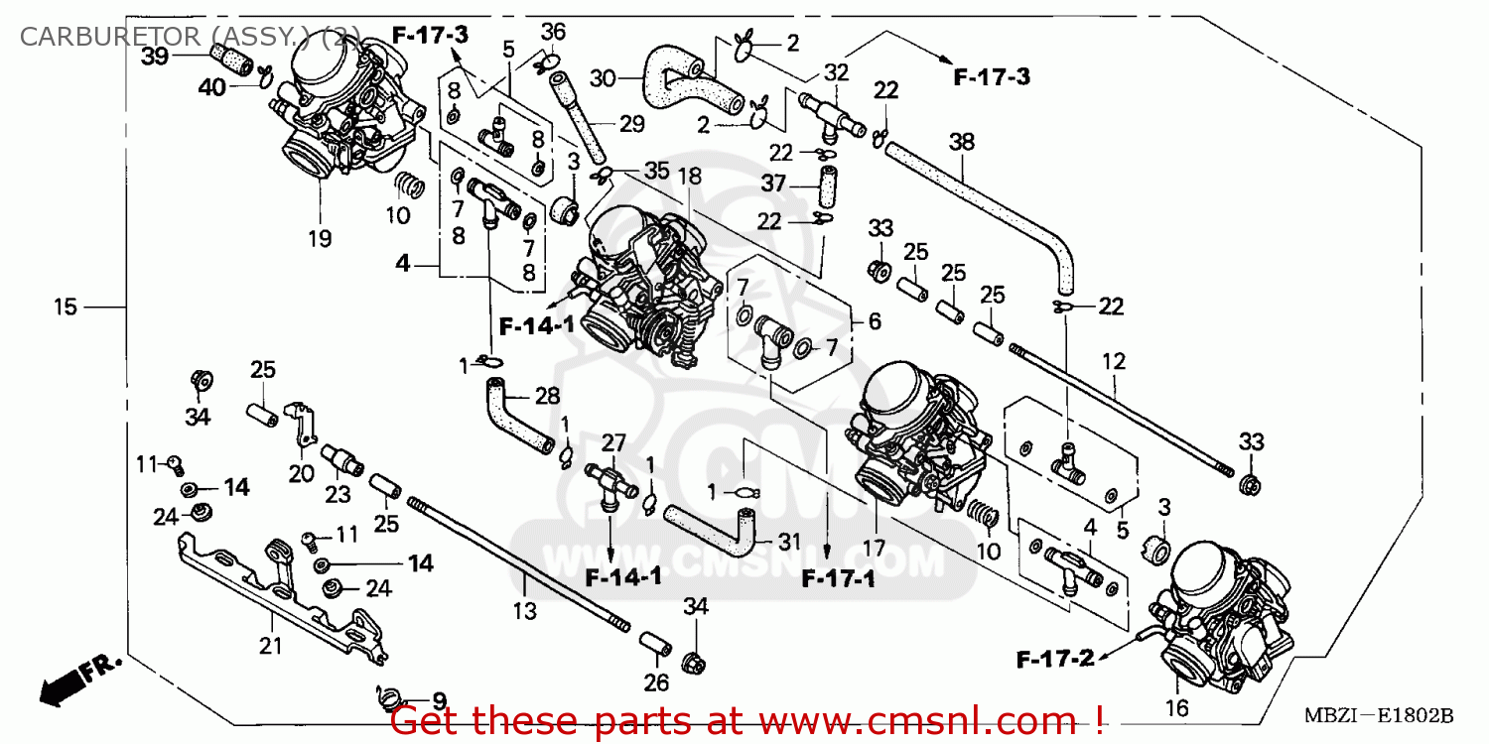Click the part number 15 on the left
click(65, 308)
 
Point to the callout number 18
click(689, 177)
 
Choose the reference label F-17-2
click(1055, 658)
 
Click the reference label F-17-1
click(839, 578)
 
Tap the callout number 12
click(1114, 362)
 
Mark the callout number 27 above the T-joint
click(613, 442)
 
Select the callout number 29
click(631, 124)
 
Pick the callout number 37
click(774, 183)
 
